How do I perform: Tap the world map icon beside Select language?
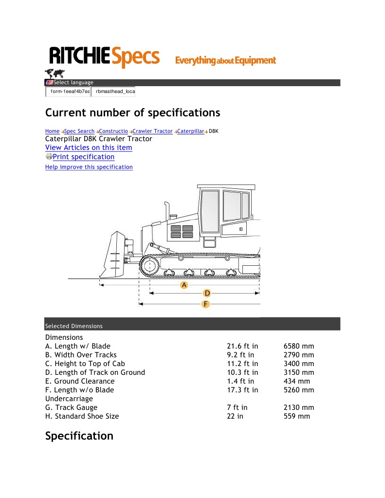pyautogui.click(x=55, y=74)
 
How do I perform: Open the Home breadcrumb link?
pyautogui.click(x=52, y=131)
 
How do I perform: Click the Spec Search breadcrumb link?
pyautogui.click(x=79, y=131)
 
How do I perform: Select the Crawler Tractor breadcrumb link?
pyautogui.click(x=153, y=131)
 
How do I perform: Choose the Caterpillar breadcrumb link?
pyautogui.click(x=190, y=131)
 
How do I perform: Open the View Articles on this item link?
pyautogui.click(x=89, y=148)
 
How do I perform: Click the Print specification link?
pyautogui.click(x=83, y=157)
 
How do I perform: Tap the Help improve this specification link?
pyautogui.click(x=89, y=167)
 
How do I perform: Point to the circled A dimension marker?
pyautogui.click(x=184, y=285)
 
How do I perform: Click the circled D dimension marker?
pyautogui.click(x=207, y=294)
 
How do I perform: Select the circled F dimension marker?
pyautogui.click(x=206, y=304)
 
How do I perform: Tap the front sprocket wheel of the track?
pyautogui.click(x=149, y=266)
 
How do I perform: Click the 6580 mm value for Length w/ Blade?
pyautogui.click(x=299, y=346)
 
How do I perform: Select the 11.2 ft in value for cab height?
pyautogui.click(x=242, y=364)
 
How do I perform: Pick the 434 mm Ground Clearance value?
pyautogui.click(x=296, y=381)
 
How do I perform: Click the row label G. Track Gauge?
pyautogui.click(x=71, y=407)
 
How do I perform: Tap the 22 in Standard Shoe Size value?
pyautogui.click(x=235, y=416)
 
